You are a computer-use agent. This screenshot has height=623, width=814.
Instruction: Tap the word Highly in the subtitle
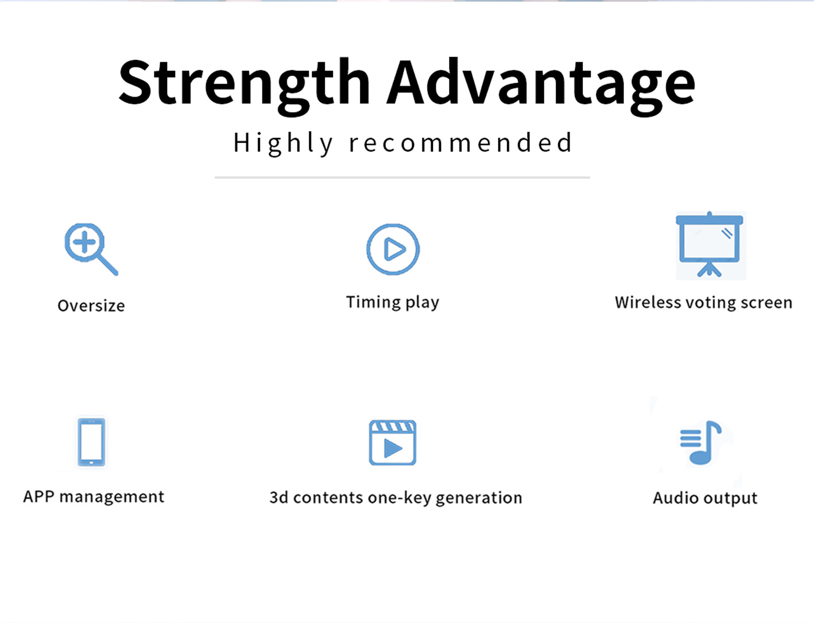283,144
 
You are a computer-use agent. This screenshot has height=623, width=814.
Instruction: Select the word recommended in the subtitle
460,143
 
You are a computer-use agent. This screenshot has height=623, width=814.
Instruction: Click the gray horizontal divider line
402,177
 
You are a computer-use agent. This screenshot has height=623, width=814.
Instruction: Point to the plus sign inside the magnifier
84,242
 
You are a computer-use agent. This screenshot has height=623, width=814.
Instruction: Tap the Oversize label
91,306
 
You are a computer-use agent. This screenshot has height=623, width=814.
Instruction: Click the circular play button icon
393,250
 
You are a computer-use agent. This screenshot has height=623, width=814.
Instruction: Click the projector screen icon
710,245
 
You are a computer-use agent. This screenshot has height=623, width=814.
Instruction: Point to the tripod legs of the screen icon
709,270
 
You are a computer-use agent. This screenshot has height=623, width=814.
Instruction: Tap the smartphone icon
92,442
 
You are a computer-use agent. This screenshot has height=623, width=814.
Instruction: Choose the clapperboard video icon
393,442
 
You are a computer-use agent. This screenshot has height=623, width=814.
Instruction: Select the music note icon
700,442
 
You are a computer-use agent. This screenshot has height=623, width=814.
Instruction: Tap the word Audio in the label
676,498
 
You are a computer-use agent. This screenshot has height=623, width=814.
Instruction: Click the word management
112,497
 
